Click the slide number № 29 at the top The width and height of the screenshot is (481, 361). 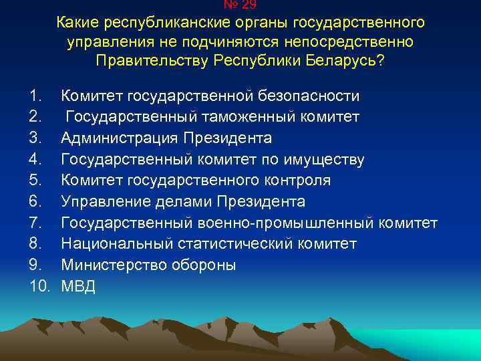tap(240, 4)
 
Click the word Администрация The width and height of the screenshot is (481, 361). tap(118, 138)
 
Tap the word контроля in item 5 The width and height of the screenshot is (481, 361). tap(293, 180)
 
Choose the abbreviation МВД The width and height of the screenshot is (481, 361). tap(79, 286)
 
